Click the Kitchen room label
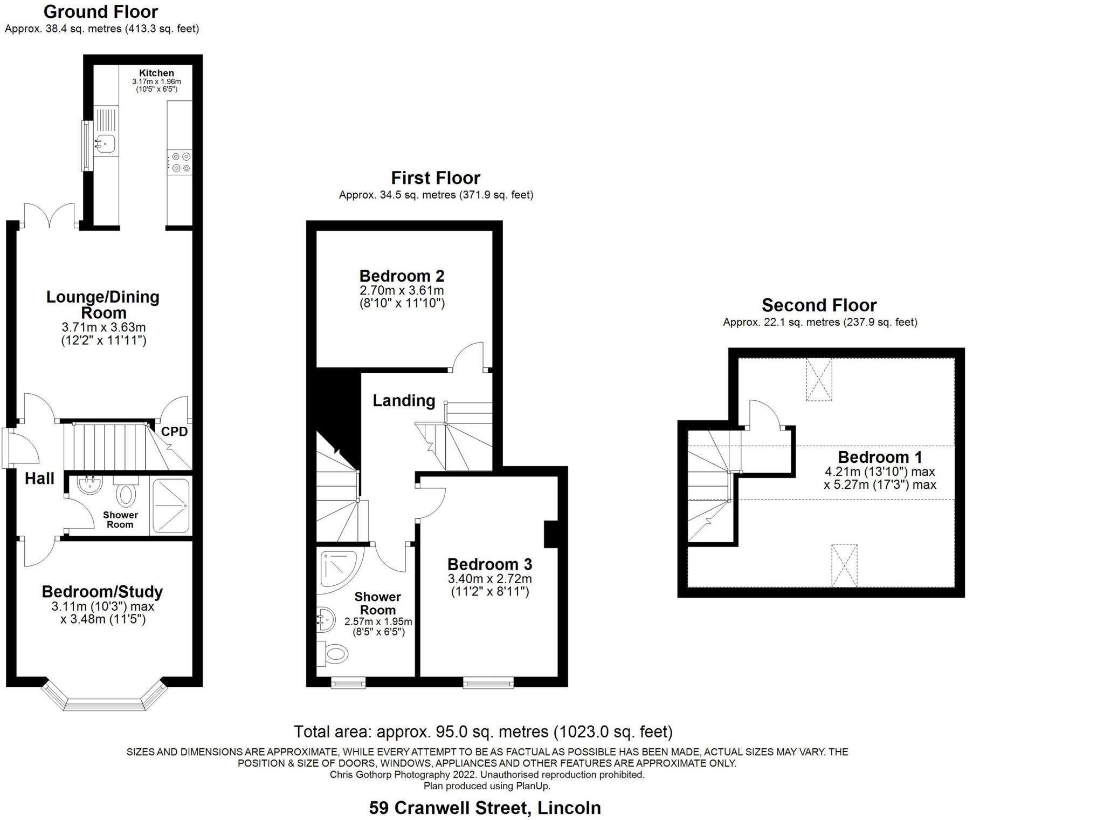156,73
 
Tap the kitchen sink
106,143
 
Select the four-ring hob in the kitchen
180,162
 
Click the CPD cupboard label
175,432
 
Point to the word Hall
39,479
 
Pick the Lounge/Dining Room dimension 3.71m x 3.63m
103,327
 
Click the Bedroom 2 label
402,276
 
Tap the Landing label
404,400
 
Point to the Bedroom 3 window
488,684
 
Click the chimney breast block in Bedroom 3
550,534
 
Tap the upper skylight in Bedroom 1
819,380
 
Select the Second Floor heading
819,305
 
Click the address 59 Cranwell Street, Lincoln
485,808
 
